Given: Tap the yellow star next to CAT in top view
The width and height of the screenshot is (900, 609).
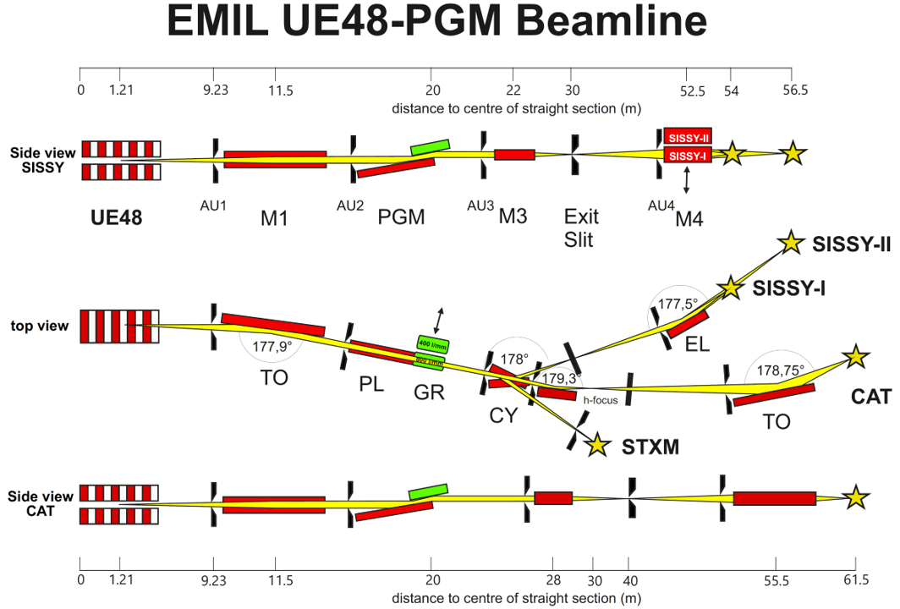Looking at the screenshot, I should click(x=855, y=356).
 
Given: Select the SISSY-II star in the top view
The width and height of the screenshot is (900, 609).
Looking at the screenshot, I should click(x=791, y=243).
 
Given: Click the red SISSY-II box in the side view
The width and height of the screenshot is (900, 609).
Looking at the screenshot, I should click(x=685, y=137).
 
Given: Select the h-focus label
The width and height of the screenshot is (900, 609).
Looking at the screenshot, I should click(x=600, y=400).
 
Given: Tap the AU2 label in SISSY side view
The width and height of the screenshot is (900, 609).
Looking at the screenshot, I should click(x=350, y=205).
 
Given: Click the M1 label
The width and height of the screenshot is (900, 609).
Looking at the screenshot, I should click(x=274, y=218).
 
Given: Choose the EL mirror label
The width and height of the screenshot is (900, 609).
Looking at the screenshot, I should click(x=697, y=344).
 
